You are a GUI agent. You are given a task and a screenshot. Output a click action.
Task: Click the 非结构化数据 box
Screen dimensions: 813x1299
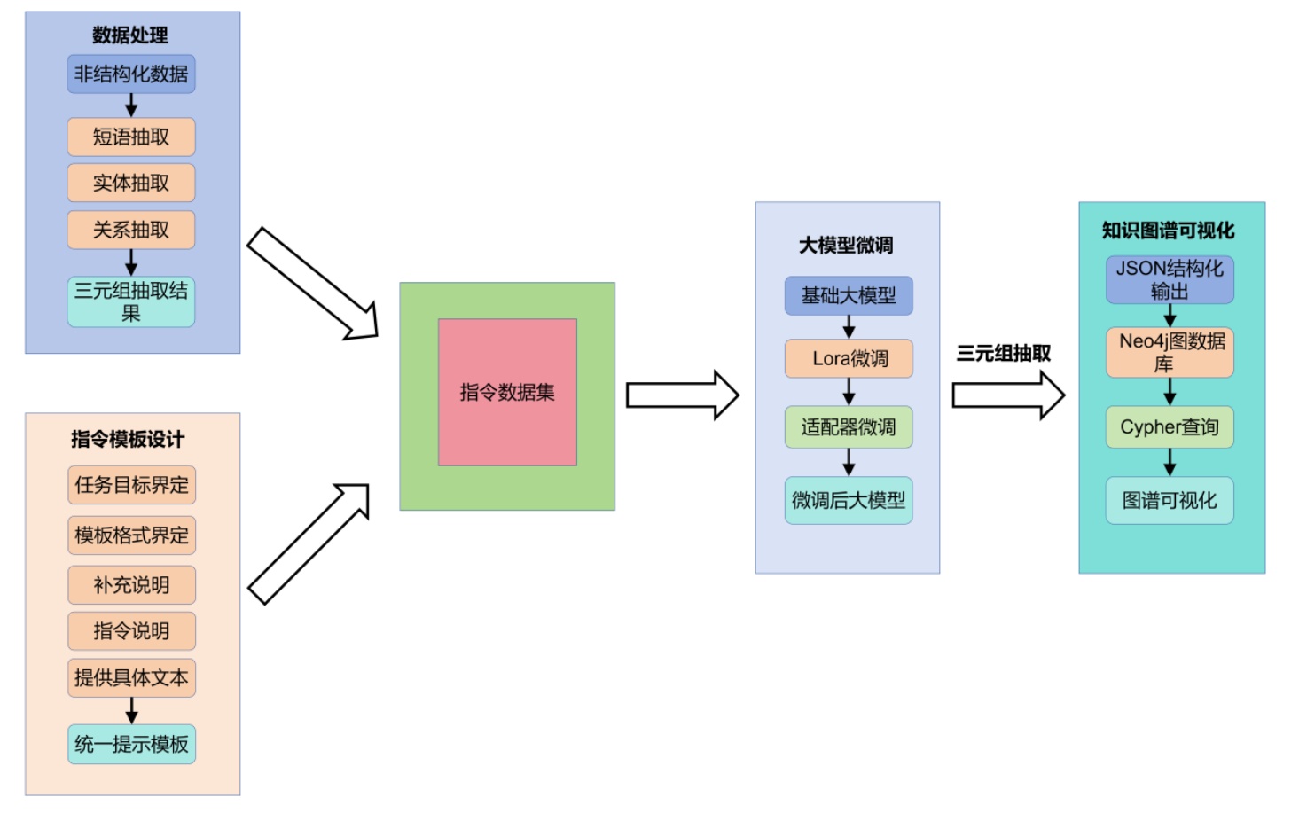131,74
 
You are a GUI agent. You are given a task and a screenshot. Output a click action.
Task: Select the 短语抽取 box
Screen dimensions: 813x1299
131,137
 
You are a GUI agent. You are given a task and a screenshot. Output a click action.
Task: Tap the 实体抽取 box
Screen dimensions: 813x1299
131,184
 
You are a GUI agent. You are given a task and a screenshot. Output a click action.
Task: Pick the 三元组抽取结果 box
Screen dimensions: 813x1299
131,301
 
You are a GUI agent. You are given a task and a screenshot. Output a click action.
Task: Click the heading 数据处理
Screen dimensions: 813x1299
130,35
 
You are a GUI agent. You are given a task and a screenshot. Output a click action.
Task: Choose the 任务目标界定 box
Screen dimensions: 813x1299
131,485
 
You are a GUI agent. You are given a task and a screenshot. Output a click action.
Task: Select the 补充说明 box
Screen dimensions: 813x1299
131,585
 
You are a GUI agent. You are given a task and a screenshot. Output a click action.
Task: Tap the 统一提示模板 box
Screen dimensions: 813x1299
131,744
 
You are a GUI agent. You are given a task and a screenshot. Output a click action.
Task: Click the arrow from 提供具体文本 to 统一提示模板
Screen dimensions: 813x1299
131,710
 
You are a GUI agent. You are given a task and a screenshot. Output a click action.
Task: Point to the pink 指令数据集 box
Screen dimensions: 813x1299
507,392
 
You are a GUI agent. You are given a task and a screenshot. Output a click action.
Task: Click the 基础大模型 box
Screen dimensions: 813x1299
849,296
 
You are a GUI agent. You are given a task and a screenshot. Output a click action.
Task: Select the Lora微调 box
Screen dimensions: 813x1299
849,358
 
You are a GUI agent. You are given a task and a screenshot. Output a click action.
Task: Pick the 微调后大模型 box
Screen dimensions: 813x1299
849,501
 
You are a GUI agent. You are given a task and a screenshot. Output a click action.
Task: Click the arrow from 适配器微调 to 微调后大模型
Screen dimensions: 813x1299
849,462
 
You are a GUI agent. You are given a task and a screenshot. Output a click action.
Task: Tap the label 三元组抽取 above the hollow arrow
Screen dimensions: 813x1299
1003,354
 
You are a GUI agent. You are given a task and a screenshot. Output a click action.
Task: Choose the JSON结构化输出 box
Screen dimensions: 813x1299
1170,279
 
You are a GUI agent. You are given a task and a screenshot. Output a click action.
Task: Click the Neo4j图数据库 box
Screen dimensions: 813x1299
1170,352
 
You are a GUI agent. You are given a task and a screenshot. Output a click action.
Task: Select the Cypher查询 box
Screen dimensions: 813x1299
1170,427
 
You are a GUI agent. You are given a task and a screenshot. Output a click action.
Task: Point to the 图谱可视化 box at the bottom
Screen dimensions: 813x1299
1170,501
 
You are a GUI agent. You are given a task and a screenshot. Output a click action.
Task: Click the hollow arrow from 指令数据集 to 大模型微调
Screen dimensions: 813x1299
681,395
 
